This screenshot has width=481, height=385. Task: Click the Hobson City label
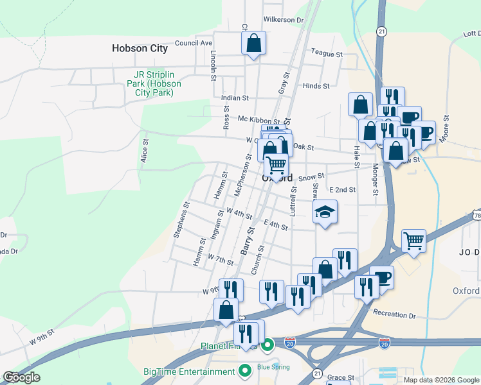click(x=140, y=48)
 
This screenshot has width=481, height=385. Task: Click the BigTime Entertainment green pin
click(x=244, y=371)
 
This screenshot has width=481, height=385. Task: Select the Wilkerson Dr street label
click(x=283, y=20)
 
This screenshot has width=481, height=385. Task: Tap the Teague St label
click(x=327, y=54)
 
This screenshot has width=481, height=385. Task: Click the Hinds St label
click(x=316, y=85)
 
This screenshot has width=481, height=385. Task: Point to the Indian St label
click(x=235, y=98)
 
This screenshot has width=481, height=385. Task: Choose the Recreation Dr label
click(x=394, y=314)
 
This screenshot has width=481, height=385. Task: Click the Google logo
click(x=21, y=377)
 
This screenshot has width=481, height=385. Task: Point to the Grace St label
click(x=341, y=377)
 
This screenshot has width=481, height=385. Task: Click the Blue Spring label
click(x=273, y=367)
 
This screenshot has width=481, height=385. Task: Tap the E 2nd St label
click(x=342, y=190)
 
